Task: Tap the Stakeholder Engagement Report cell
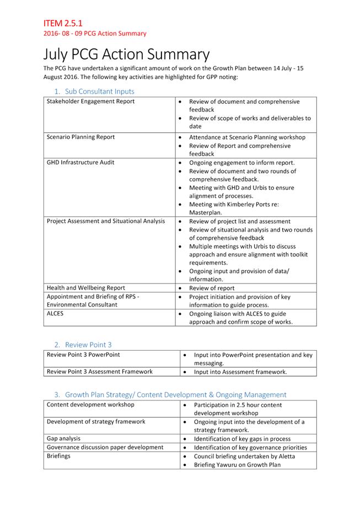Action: pyautogui.click(x=90, y=101)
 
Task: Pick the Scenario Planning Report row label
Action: pyautogui.click(x=80, y=137)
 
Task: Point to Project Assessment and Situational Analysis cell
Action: pyautogui.click(x=105, y=221)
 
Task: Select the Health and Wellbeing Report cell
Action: pyautogui.click(x=85, y=288)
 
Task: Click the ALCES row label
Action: pyautogui.click(x=56, y=313)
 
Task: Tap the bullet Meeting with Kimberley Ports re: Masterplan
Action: pyautogui.click(x=234, y=208)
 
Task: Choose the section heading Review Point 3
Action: pyautogui.click(x=88, y=345)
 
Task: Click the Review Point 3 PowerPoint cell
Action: pyautogui.click(x=83, y=355)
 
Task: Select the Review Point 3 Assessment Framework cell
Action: pyautogui.click(x=99, y=372)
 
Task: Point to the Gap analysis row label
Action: pyautogui.click(x=63, y=438)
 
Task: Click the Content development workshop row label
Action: pyautogui.click(x=90, y=405)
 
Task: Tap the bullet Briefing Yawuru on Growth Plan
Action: pyautogui.click(x=237, y=464)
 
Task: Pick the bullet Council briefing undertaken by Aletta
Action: pyautogui.click(x=244, y=456)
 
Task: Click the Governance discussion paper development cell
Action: pyautogui.click(x=105, y=447)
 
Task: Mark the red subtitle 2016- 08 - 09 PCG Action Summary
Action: pyautogui.click(x=95, y=34)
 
